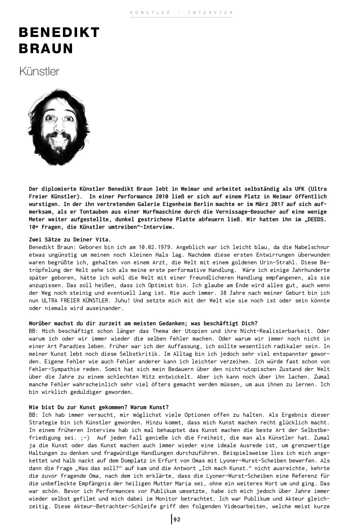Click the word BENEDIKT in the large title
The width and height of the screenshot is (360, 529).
coord(59,32)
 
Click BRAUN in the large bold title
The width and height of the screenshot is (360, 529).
coord(46,48)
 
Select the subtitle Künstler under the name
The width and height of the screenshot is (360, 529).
coord(39,71)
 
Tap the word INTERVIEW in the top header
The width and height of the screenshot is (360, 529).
coord(210,13)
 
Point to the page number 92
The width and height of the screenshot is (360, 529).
coord(177,519)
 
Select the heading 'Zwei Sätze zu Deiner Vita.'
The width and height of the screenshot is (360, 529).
coord(70,240)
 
